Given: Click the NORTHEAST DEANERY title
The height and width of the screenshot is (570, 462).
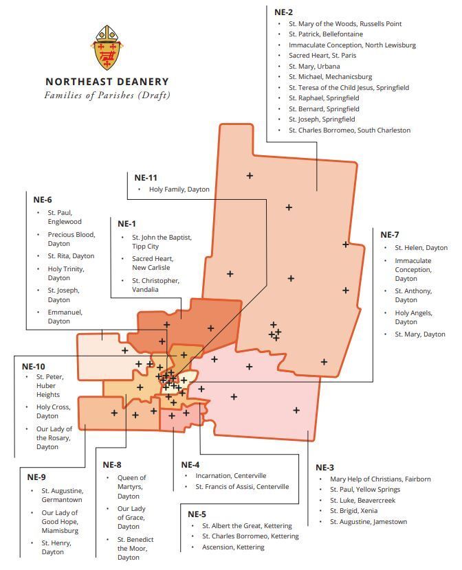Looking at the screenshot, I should [x=107, y=81].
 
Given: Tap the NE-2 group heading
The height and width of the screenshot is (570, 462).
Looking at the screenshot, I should [x=283, y=12].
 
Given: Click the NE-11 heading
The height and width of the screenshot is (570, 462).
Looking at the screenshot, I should [x=148, y=177].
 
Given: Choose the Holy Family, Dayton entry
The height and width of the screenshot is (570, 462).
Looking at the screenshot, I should [x=179, y=190].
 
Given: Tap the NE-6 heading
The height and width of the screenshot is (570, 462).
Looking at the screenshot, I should [x=43, y=200].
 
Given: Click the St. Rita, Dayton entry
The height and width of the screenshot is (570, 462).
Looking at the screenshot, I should [x=71, y=256].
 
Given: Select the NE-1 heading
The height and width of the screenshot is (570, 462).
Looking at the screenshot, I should [x=126, y=224].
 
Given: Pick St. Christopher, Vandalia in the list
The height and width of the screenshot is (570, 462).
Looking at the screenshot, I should [x=155, y=285].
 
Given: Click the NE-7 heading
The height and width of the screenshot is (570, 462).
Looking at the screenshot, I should [x=390, y=235].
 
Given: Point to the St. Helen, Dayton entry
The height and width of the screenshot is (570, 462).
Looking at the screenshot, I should [x=421, y=248].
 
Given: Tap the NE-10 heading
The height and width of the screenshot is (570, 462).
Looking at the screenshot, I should [x=34, y=366].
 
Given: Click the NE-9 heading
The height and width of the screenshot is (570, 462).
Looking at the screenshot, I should [x=36, y=477].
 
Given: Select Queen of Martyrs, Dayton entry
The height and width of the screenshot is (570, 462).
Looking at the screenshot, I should [x=131, y=487].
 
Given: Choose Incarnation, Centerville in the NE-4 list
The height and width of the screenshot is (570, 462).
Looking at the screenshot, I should [x=230, y=475].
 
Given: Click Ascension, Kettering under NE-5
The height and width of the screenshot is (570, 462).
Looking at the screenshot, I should [x=232, y=547].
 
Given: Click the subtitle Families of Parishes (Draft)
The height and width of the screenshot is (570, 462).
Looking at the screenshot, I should [x=107, y=95].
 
